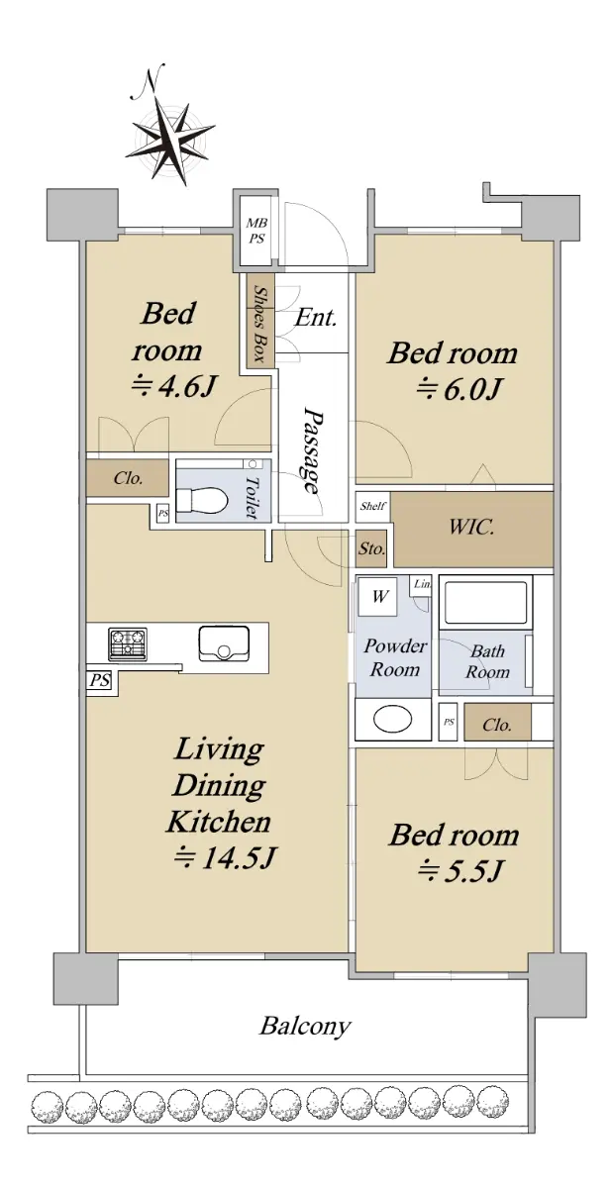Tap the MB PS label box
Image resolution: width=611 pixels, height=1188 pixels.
(256, 230)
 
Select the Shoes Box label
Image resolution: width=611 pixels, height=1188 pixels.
(259, 324)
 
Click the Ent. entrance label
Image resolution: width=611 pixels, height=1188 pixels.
(315, 318)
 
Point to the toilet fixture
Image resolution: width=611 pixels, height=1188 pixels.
(202, 500)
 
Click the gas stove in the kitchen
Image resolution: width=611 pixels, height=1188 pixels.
(128, 643)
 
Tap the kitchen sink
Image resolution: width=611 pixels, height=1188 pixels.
(224, 643)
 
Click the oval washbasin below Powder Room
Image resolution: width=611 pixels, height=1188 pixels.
(392, 719)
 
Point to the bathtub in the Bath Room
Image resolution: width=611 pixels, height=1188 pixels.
(486, 603)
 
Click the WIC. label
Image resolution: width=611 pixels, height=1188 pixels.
(471, 527)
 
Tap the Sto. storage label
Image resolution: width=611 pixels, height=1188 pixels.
(371, 547)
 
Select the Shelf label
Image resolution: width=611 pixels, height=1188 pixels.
(373, 506)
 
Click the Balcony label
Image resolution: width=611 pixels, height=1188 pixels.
(305, 1026)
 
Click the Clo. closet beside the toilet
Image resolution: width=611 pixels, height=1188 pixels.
(128, 478)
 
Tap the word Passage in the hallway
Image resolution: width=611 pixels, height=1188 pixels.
(313, 449)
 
